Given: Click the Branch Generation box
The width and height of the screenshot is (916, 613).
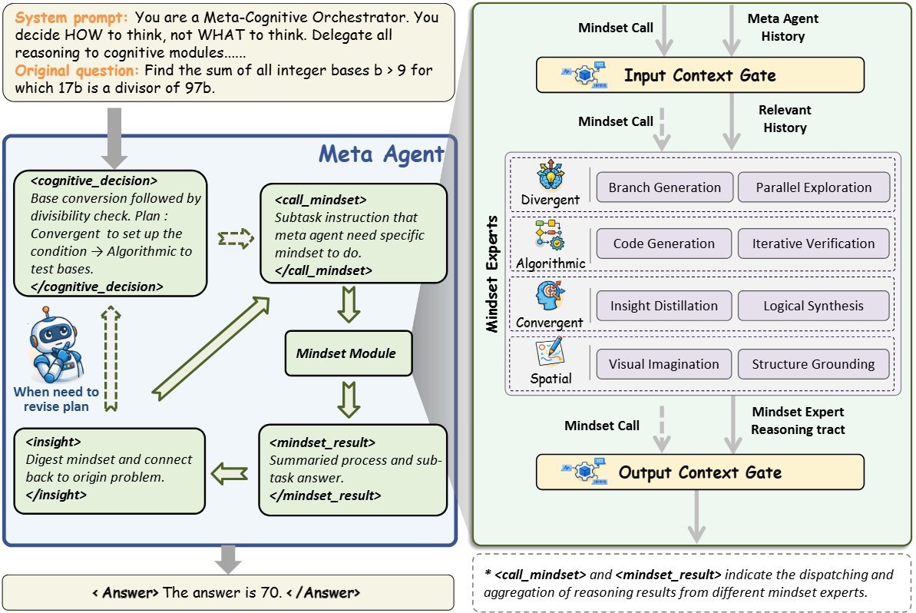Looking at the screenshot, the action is click(x=664, y=187).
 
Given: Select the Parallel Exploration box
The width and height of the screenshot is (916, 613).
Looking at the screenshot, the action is click(x=814, y=187).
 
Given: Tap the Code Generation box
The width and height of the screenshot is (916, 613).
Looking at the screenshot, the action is click(x=663, y=244).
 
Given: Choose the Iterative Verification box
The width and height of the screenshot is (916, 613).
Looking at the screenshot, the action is click(x=813, y=244).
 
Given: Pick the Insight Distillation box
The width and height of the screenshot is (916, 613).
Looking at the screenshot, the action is click(x=663, y=306).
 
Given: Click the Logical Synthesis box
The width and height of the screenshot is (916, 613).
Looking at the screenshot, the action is click(x=813, y=306).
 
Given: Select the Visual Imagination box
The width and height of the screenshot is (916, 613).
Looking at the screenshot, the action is click(x=663, y=364).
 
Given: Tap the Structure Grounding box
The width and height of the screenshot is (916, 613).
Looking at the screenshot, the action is click(x=813, y=364).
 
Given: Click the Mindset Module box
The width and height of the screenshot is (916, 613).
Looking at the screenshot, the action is click(x=348, y=353).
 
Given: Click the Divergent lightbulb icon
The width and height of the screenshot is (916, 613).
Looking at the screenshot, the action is click(x=551, y=174).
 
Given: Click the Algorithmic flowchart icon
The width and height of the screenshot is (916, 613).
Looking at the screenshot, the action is click(x=550, y=235).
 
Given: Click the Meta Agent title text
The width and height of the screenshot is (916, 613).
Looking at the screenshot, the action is click(x=381, y=154).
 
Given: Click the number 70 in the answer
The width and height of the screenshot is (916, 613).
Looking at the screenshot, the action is click(x=271, y=592).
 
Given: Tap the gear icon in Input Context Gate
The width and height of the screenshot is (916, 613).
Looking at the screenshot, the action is click(x=584, y=75).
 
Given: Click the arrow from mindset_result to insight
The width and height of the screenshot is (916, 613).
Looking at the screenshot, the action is click(x=229, y=473).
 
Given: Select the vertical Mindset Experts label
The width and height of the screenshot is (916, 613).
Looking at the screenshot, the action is click(x=492, y=274).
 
